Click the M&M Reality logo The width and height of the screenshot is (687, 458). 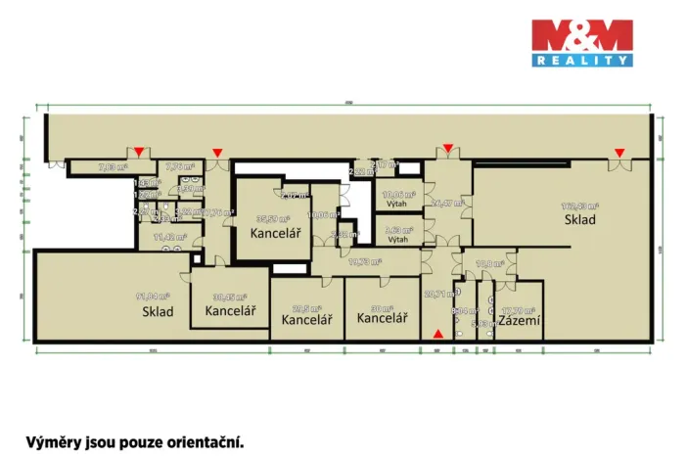point(581,44)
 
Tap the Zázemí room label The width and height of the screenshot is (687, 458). point(520,320)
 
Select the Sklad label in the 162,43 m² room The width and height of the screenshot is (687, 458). point(579,220)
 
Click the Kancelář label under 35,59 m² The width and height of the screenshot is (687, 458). point(275,233)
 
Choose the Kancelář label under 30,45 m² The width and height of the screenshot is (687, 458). point(230,311)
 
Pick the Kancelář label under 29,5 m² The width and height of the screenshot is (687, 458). point(306,319)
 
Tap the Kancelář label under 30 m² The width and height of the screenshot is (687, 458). point(382,318)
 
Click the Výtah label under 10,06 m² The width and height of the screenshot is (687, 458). point(397,205)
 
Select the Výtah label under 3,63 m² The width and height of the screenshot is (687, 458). point(397,238)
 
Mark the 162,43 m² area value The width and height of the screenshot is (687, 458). point(579,206)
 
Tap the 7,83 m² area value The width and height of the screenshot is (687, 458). point(113,167)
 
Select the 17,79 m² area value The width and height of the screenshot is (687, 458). point(519,309)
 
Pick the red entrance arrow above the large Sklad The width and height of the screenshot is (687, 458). point(619,151)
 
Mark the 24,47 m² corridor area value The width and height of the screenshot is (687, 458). point(443,203)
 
